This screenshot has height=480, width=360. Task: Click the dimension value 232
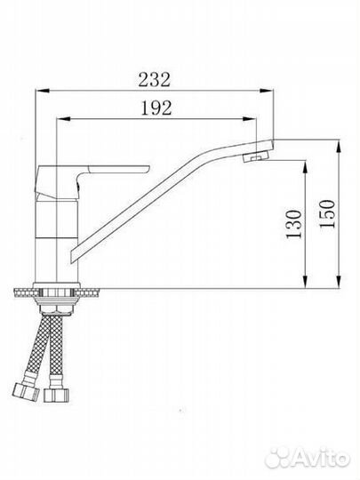pos(154,80)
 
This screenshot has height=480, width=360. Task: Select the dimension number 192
pos(156,108)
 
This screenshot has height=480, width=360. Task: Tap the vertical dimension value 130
pos(294,224)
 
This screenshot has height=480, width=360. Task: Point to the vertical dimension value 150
pos(327,213)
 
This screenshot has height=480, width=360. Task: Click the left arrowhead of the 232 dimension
pos(43,91)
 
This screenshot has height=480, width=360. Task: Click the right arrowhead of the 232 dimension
pos(266,91)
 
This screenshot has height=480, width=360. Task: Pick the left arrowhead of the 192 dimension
pos(64,119)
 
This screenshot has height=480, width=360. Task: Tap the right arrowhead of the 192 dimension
pos(249,119)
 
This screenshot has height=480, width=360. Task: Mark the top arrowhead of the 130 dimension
pos(305,167)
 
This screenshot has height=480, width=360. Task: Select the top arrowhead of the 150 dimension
pos(339,147)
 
